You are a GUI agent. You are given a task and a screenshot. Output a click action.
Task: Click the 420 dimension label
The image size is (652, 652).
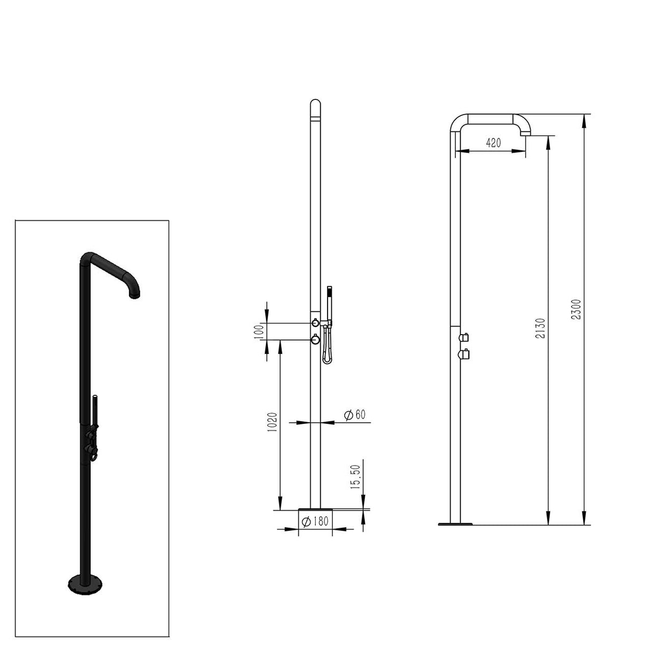pyautogui.click(x=493, y=143)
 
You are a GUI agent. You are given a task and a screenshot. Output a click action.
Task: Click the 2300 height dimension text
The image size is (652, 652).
pyautogui.click(x=576, y=310)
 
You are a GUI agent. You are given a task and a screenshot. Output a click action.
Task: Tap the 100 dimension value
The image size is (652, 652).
pyautogui.click(x=259, y=331)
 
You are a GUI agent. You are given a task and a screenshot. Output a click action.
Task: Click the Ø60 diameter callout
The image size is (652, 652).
pyautogui.click(x=354, y=415)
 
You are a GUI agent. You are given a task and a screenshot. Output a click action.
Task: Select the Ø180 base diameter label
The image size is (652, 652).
pyautogui.click(x=315, y=521)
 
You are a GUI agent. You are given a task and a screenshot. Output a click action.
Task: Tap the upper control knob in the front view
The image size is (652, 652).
pyautogui.click(x=315, y=323)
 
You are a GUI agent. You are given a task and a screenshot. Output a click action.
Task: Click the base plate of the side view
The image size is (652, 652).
pyautogui.click(x=455, y=524)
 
